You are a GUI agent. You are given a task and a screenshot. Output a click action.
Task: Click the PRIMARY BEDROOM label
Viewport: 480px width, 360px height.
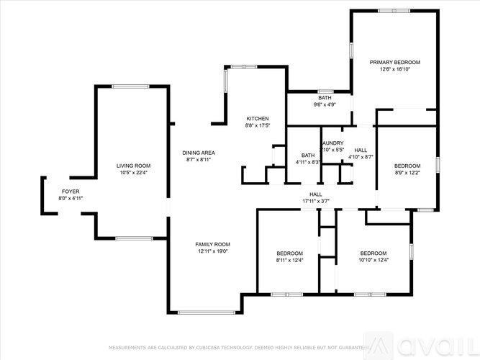[x=394, y=63]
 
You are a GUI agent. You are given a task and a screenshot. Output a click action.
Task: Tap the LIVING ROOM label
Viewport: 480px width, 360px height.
[x=133, y=166]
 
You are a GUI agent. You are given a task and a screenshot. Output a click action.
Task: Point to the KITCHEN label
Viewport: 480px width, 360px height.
[x=258, y=119]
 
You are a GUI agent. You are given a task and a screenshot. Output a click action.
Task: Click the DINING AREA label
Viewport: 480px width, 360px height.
[x=198, y=153]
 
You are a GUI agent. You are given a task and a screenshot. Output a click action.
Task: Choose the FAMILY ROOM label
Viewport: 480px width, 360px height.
[x=212, y=244]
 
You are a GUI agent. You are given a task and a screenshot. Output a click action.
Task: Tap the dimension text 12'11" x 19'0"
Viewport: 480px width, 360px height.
[x=212, y=251]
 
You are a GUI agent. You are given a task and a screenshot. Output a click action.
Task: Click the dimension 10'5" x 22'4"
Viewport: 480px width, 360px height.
[x=133, y=173]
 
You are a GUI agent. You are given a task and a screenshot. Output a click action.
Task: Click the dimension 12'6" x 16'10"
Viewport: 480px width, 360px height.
[x=394, y=70]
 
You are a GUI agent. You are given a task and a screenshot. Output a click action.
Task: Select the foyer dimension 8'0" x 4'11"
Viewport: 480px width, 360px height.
[x=71, y=199]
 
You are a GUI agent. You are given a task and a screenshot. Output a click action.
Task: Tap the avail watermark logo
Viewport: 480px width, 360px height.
[x=428, y=345]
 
